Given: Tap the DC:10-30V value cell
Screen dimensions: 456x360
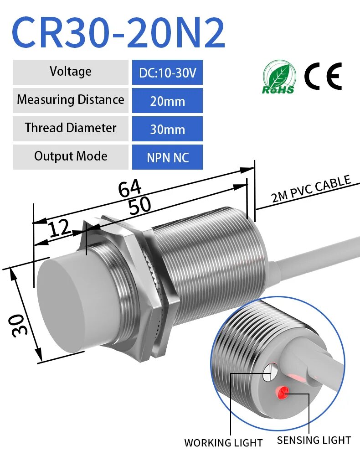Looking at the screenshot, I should pyautogui.click(x=167, y=73).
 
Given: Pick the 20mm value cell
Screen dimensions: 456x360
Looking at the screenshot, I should pyautogui.click(x=167, y=101).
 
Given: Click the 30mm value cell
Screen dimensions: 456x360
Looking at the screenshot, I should pyautogui.click(x=167, y=129).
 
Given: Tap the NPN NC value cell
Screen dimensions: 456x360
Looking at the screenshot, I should pyautogui.click(x=167, y=157).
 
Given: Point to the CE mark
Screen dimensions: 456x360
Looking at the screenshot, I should pyautogui.click(x=323, y=76).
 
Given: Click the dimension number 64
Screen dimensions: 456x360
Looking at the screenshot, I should pyautogui.click(x=130, y=188).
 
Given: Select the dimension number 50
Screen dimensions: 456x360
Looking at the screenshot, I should pyautogui.click(x=139, y=205).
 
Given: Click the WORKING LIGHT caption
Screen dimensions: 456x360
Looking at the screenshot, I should pyautogui.click(x=223, y=442).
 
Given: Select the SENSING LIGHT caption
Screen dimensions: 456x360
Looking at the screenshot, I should pyautogui.click(x=314, y=440).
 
